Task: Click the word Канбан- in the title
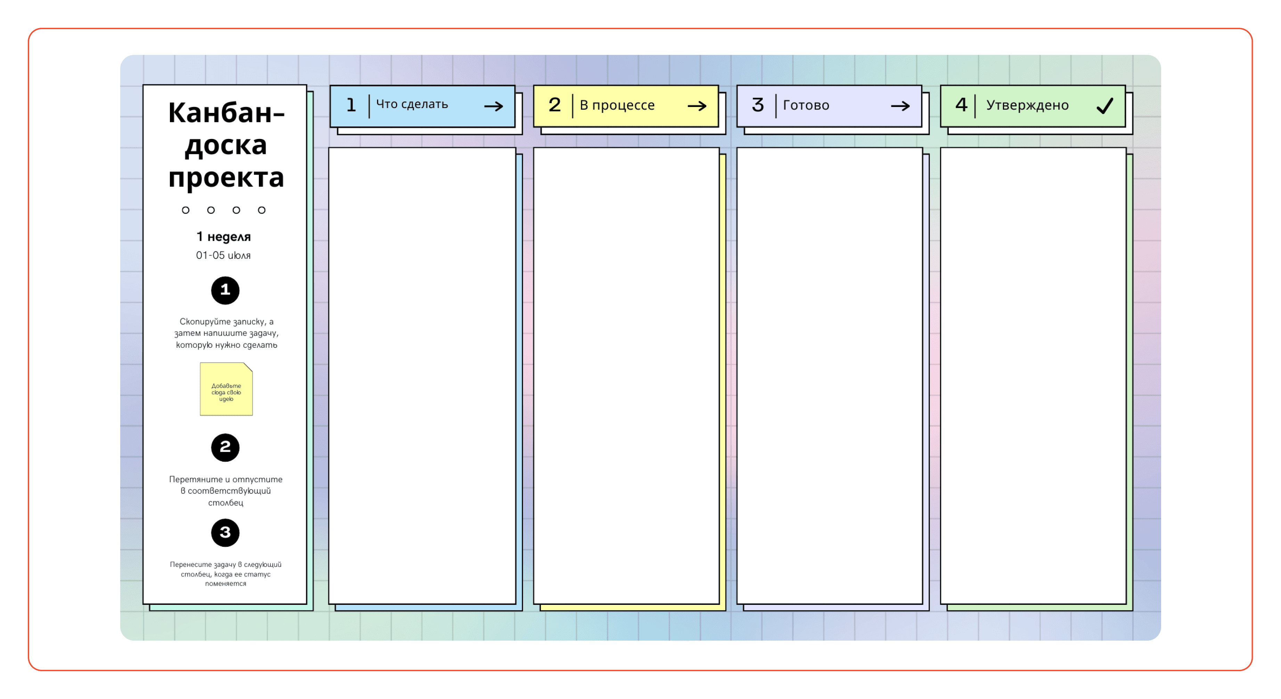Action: (226, 113)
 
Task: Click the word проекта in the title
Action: (226, 178)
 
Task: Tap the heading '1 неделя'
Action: (223, 237)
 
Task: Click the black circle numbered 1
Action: (225, 290)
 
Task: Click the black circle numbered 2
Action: (225, 447)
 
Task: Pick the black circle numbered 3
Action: (225, 533)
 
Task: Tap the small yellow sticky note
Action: (226, 389)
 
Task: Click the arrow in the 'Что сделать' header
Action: (494, 106)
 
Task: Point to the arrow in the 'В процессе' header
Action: (697, 106)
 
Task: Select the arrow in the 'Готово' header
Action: (901, 106)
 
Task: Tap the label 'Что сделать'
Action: (412, 105)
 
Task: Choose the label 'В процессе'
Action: (617, 105)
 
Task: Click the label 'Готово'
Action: (806, 105)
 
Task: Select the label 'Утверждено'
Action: (1027, 105)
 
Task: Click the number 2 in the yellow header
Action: (555, 105)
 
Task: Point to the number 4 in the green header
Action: (961, 105)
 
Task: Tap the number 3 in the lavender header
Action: (758, 105)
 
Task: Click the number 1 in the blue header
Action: (351, 105)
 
